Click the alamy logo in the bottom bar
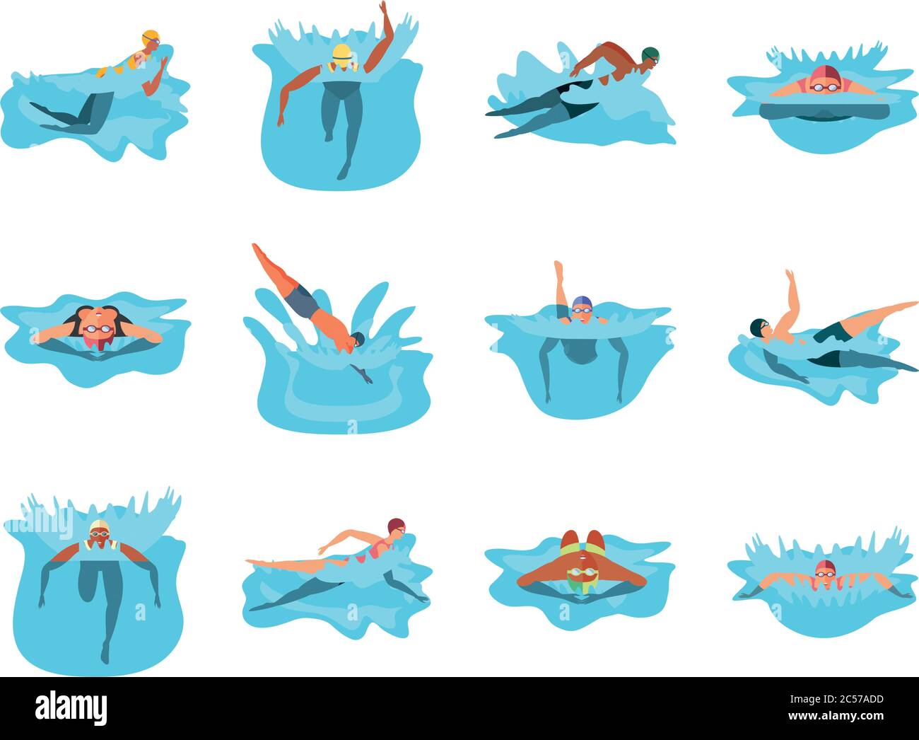(71, 707)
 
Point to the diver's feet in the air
(256, 248)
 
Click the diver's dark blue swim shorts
(303, 300)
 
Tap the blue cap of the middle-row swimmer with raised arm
(581, 302)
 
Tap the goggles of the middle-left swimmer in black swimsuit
(98, 329)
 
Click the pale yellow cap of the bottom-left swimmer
(99, 527)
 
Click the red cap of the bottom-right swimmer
(825, 566)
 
